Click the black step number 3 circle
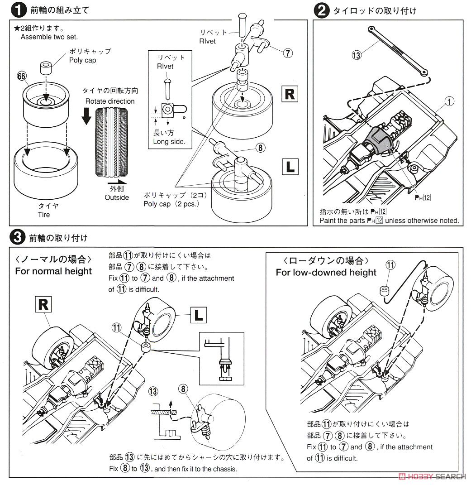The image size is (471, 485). coord(17,236)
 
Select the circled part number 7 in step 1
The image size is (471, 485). coord(286,53)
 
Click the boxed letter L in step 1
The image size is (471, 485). coord(289,166)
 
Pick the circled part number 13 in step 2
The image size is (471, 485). coord(356,55)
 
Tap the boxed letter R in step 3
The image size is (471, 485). coord(43,304)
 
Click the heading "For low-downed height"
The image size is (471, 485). coord(326,272)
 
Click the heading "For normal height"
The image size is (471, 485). coord(53,271)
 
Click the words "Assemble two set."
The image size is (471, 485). coord(49,37)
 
